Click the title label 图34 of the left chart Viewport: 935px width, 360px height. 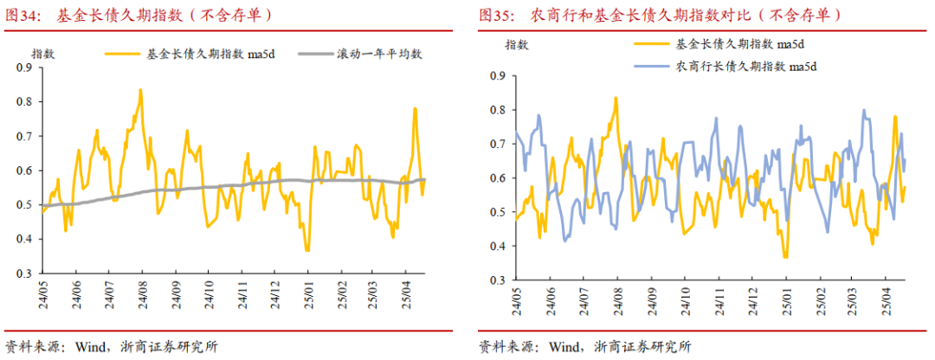pos(23,15)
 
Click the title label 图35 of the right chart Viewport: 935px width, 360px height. pos(496,15)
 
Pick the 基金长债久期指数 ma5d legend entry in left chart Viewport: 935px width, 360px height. pos(198,53)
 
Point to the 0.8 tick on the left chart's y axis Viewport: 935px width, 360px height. pos(26,101)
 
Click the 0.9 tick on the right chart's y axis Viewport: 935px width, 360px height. pos(498,76)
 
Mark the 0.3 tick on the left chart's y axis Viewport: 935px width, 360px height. pos(26,273)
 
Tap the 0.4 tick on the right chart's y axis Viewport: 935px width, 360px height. pos(498,247)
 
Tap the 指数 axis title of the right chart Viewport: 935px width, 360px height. pos(517,44)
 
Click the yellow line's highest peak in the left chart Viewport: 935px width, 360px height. pos(139,89)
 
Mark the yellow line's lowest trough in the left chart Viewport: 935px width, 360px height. pos(306,250)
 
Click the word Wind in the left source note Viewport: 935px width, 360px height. pos(91,346)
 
